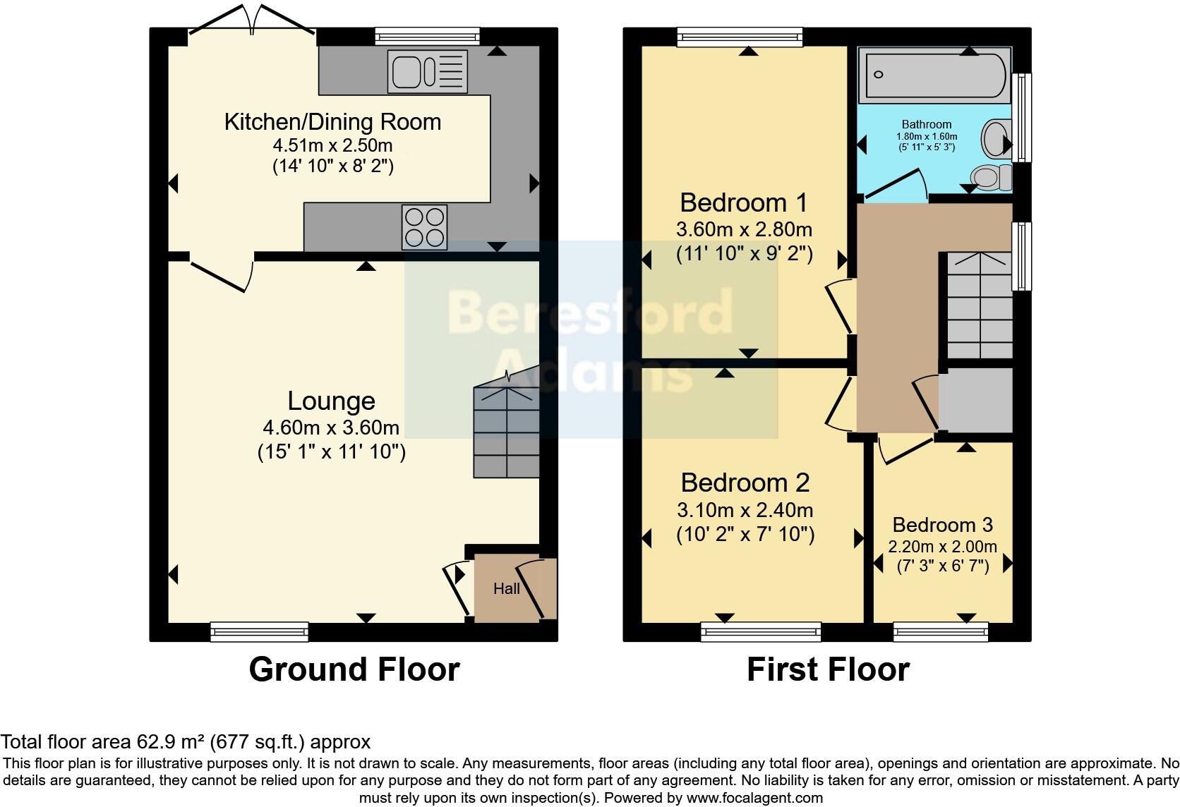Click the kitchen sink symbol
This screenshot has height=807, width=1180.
click(427, 71)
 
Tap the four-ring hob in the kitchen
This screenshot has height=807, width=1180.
click(424, 226)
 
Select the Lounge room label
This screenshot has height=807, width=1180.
click(331, 401)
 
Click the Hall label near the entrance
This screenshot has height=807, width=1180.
click(506, 588)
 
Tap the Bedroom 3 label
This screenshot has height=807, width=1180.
click(942, 525)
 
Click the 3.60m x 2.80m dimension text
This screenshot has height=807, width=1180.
click(744, 229)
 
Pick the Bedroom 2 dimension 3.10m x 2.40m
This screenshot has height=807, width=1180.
click(745, 509)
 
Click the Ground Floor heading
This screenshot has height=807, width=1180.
click(354, 669)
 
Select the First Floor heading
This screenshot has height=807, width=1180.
click(828, 669)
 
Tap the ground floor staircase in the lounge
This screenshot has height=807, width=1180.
click(507, 430)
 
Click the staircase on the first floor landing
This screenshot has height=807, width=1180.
click(979, 307)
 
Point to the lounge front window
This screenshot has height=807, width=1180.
click(260, 631)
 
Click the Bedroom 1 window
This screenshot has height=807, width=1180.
click(740, 37)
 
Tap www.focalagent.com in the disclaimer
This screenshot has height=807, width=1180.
click(754, 798)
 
